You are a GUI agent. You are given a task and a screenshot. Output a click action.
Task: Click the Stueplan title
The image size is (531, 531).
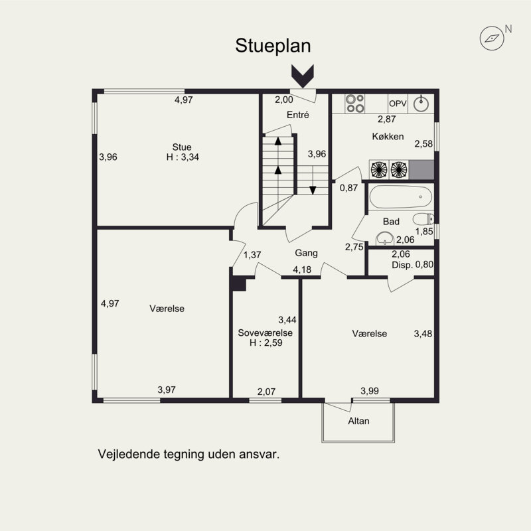273,46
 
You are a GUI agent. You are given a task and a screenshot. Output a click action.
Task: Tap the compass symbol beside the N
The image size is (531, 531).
492,38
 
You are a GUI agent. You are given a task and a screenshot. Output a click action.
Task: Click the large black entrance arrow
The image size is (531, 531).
303,76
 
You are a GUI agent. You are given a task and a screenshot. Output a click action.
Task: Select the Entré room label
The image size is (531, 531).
297,115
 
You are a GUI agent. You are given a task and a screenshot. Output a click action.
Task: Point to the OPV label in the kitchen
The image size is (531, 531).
398,104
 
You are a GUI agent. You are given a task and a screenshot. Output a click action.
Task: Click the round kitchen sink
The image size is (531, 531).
421,104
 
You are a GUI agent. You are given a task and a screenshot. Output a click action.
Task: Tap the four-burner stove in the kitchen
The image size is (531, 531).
354,104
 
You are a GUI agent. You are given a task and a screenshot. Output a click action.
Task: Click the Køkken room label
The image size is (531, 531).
388,137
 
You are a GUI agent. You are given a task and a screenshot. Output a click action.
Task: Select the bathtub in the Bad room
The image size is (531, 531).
401,196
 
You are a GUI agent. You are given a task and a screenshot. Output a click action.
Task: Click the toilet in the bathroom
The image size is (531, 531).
423,219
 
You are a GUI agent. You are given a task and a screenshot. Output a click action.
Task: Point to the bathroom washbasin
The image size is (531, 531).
385,238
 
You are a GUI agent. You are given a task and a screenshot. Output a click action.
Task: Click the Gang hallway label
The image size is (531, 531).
306,253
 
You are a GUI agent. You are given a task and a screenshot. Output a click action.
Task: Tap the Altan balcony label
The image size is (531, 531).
358,421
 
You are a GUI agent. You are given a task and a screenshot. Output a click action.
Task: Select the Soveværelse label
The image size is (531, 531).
265,333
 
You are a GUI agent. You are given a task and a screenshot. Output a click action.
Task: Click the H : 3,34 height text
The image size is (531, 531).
183,157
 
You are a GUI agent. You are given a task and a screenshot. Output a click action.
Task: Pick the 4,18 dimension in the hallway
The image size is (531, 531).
302,269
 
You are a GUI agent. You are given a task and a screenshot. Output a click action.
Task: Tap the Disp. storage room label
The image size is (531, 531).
402,265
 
